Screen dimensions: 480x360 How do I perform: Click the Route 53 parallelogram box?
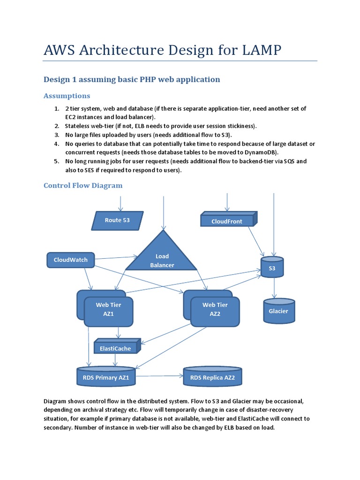(x=117, y=220)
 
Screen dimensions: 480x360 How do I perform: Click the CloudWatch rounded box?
(x=70, y=260)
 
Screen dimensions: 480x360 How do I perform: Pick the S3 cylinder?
(x=272, y=267)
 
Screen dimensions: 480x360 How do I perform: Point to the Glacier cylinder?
(x=278, y=311)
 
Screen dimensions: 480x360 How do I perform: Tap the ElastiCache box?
(x=116, y=347)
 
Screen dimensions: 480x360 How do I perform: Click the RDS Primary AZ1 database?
(x=106, y=377)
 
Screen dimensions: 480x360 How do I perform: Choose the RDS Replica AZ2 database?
(x=212, y=377)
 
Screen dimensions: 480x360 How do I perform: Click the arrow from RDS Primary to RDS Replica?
(x=159, y=375)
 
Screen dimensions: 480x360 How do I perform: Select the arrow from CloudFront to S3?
(x=255, y=241)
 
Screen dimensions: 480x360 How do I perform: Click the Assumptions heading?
(x=67, y=96)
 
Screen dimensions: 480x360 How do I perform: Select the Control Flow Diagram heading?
(x=83, y=185)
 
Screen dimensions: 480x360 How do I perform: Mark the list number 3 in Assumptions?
(x=56, y=135)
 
